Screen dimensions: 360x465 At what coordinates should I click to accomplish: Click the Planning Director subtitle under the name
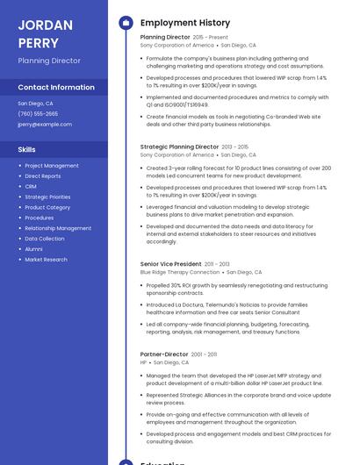pos(49,61)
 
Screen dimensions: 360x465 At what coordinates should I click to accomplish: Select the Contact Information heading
pos(56,88)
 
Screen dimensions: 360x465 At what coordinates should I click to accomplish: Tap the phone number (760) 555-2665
pos(38,114)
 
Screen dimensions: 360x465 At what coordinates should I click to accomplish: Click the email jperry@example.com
pos(45,125)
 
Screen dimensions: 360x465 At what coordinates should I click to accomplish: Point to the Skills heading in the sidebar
pos(27,150)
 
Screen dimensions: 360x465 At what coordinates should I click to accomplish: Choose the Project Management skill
pos(52,166)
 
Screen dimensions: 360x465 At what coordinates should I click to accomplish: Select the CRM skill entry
pos(31,187)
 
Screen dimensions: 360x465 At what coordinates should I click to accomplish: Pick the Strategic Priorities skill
pos(47,197)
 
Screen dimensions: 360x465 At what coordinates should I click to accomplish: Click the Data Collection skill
pos(45,239)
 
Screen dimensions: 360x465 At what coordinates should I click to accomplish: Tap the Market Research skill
pos(46,260)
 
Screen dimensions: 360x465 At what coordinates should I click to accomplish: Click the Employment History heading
pos(185,23)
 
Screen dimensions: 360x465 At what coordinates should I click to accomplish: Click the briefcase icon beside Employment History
pos(126,23)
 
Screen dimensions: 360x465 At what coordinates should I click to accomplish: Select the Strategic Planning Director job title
pos(179,147)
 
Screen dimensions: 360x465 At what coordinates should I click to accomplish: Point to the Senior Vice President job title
pos(170,264)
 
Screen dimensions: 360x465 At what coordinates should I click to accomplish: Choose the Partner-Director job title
pos(164,354)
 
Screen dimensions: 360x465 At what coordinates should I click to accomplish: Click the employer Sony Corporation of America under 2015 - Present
pos(176,45)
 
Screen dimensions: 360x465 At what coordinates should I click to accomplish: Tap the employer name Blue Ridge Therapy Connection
pos(180,272)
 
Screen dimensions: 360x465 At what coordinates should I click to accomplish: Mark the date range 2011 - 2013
pos(218,264)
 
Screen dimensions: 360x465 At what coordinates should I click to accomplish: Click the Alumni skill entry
pos(33,249)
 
